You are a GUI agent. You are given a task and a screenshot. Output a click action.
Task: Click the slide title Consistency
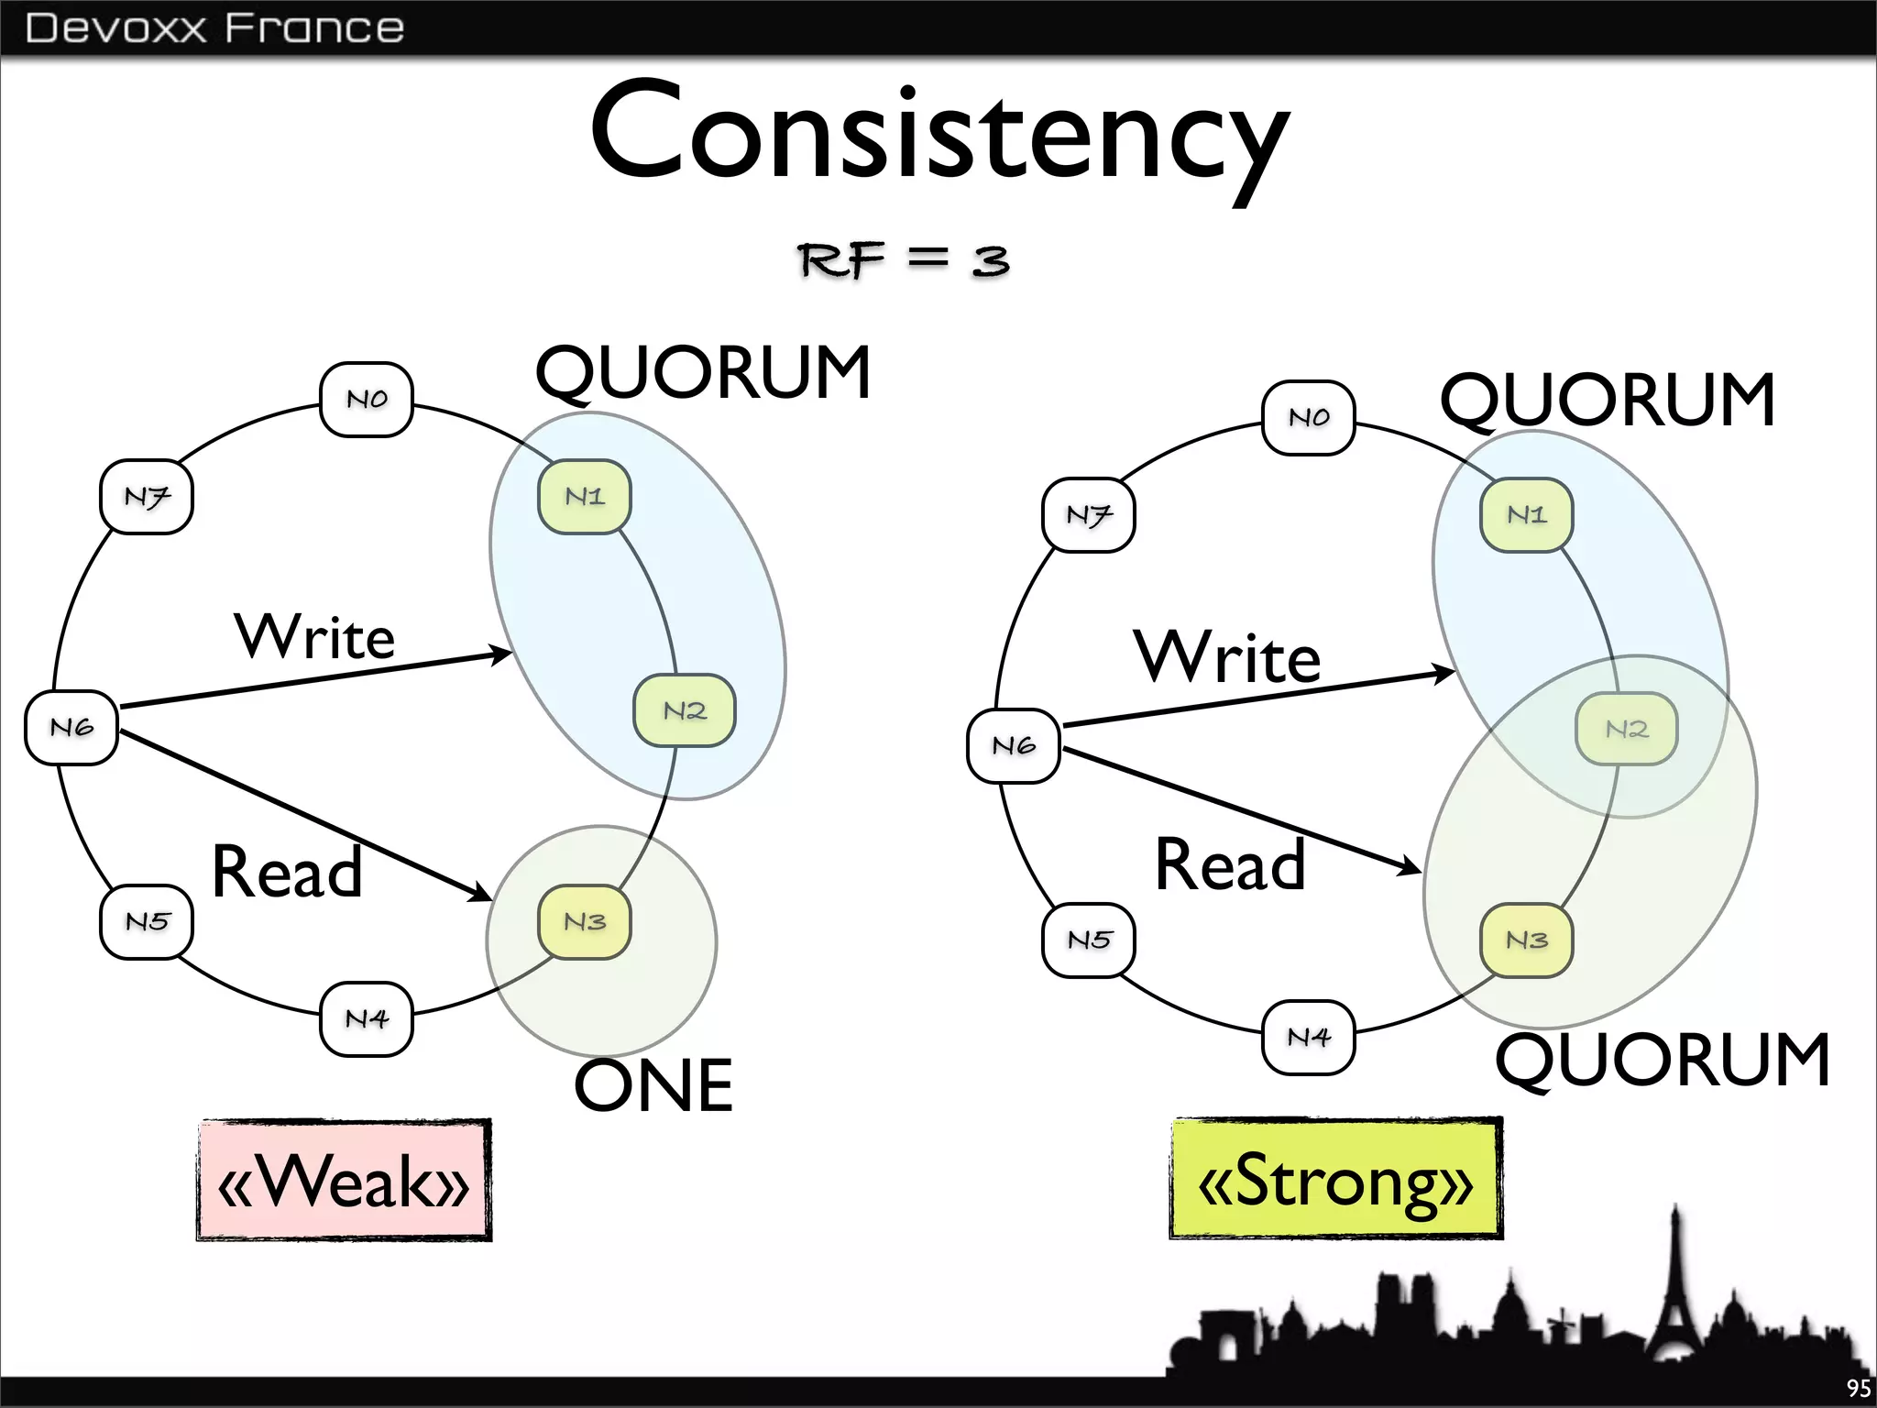pos(939,133)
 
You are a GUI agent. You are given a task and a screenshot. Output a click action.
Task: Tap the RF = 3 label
pos(904,260)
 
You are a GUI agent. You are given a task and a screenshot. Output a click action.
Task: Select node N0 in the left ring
pos(367,400)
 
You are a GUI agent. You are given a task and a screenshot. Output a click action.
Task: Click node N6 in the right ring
pos(1014,745)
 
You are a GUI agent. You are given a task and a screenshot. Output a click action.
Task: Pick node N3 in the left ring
pos(585,921)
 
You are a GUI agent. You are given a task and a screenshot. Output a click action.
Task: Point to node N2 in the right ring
pos(1627,729)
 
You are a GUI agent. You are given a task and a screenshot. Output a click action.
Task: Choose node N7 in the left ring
pos(147,497)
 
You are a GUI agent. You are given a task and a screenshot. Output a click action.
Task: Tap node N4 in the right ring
pos(1309,1037)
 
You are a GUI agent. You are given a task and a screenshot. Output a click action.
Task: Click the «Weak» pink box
pos(345,1181)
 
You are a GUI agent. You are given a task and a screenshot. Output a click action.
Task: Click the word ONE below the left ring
pos(653,1085)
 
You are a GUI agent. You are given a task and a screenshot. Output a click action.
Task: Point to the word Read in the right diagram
pos(1230,864)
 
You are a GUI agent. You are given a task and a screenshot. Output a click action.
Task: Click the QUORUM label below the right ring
pos(1663,1060)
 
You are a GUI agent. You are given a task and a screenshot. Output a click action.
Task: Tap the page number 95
pos(1858,1389)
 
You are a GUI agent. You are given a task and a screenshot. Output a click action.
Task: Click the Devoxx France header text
pos(214,27)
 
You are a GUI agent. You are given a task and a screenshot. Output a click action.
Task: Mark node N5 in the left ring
pos(147,921)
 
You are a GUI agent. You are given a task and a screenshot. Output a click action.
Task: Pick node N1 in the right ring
pos(1527,514)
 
